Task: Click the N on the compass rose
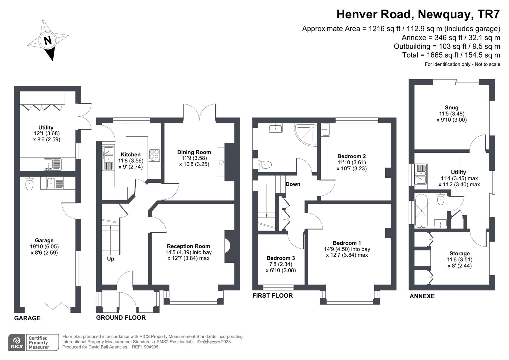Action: [48, 40]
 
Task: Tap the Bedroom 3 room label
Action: [281, 258]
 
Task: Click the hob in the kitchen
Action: [154, 155]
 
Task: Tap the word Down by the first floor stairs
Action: [293, 184]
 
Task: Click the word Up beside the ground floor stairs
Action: [110, 259]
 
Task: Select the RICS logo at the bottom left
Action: [17, 342]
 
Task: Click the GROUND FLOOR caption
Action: [121, 318]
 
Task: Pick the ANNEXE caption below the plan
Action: [422, 296]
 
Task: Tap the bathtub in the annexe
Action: [422, 211]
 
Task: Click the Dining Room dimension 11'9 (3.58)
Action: [194, 158]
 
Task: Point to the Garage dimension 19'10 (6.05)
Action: [44, 247]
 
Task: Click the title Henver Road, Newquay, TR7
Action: [418, 14]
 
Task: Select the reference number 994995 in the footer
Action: [150, 347]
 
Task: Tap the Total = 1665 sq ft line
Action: [451, 55]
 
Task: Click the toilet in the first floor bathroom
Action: [265, 164]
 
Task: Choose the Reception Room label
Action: [188, 246]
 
